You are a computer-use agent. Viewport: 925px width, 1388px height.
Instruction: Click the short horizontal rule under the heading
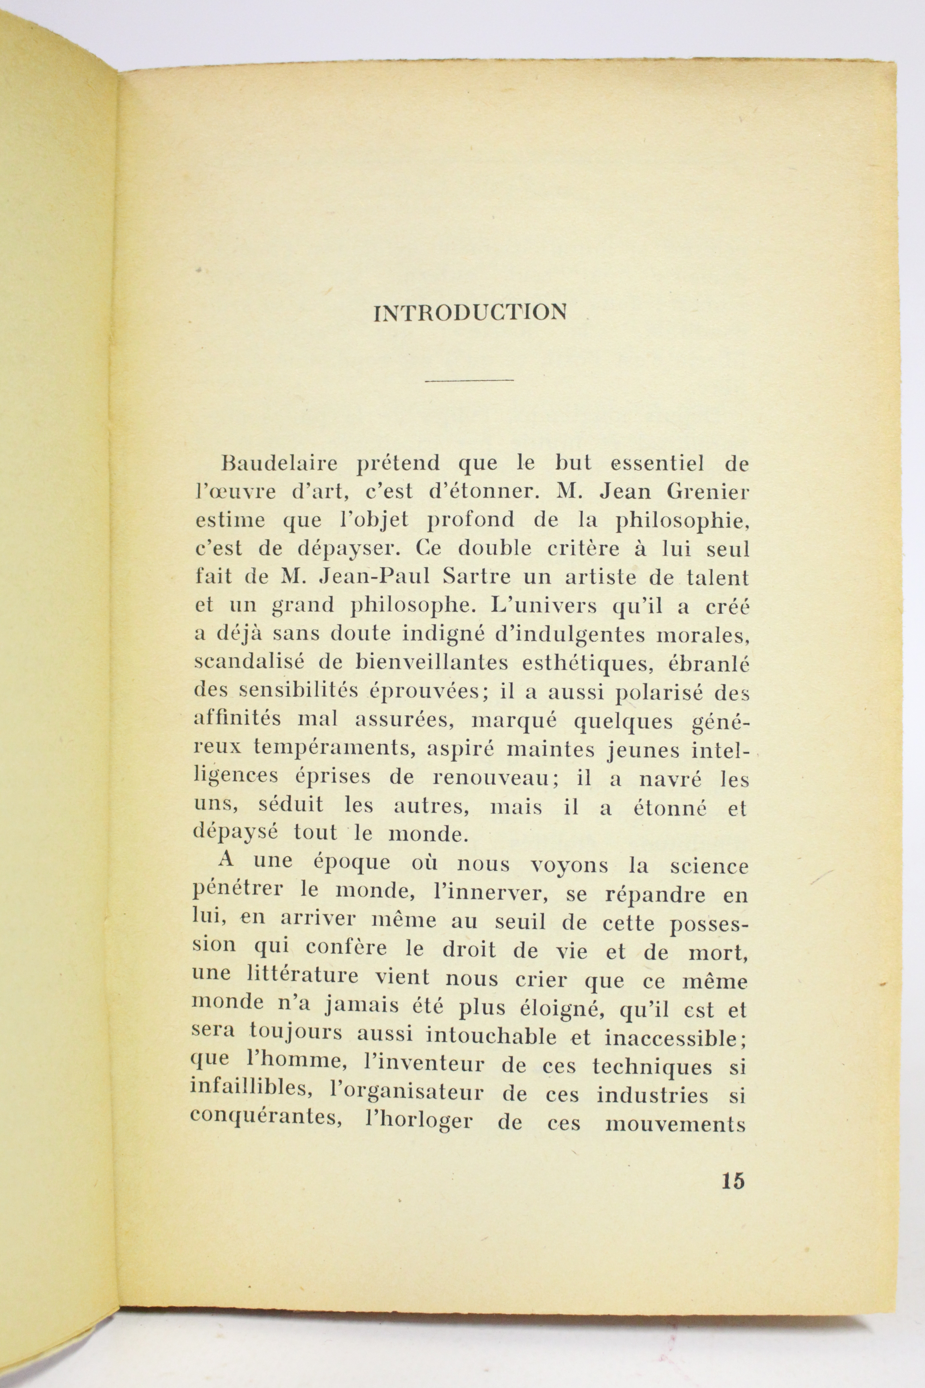pos(469,380)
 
